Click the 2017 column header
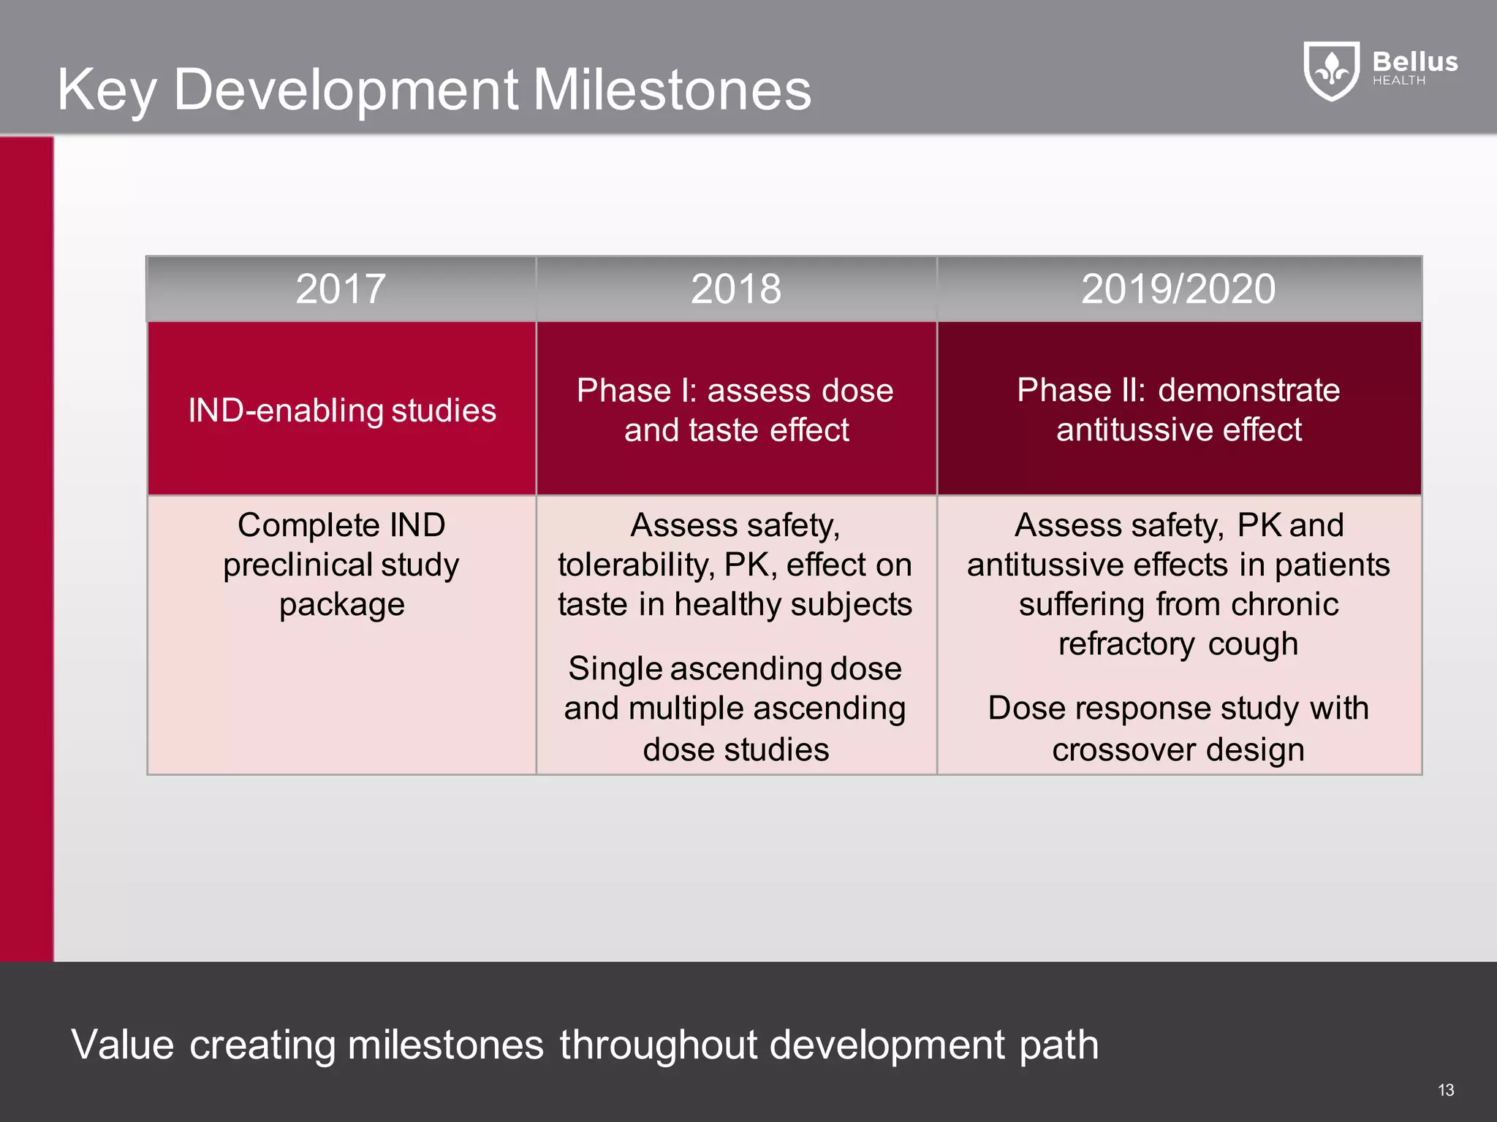(x=341, y=289)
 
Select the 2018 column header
(x=736, y=289)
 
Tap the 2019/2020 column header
(x=1178, y=289)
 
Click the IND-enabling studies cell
(x=342, y=410)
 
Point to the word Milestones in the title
(x=672, y=90)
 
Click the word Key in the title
(x=107, y=90)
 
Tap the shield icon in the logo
(x=1332, y=70)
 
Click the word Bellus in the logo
(x=1415, y=61)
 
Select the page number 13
(x=1446, y=1090)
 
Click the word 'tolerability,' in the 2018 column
(x=635, y=565)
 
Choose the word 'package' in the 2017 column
(x=341, y=605)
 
